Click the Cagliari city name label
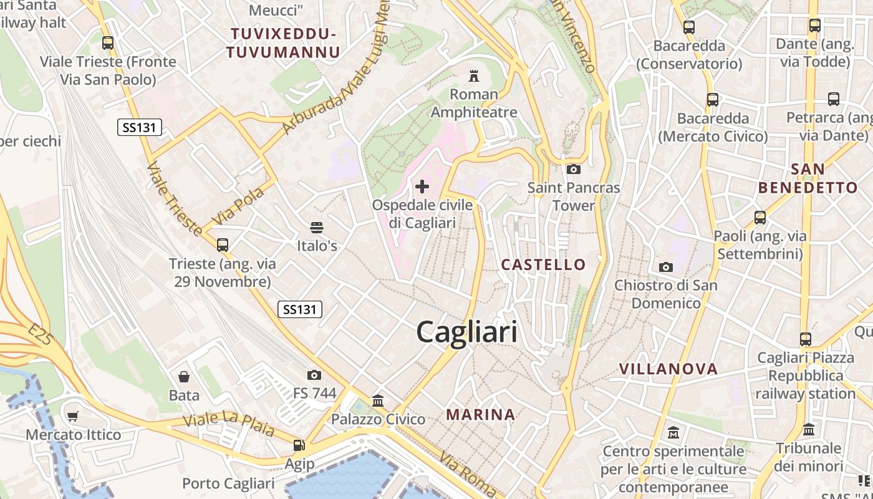[466, 332]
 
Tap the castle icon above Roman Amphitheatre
[474, 76]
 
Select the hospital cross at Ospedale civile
[422, 186]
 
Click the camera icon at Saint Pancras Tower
[574, 169]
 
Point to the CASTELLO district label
[544, 264]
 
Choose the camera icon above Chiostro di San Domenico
[666, 267]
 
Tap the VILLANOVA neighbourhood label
[668, 369]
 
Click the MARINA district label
[481, 414]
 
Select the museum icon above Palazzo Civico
[378, 400]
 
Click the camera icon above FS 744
[314, 375]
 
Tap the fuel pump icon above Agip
[299, 445]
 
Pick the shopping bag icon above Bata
[184, 377]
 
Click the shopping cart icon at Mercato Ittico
[73, 416]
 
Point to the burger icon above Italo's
[317, 228]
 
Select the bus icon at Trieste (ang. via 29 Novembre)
[222, 245]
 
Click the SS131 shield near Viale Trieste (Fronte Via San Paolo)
[140, 128]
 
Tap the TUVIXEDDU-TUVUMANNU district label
[283, 42]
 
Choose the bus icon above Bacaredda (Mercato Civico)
[713, 99]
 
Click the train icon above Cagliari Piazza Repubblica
[806, 339]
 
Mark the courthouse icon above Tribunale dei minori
[809, 430]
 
